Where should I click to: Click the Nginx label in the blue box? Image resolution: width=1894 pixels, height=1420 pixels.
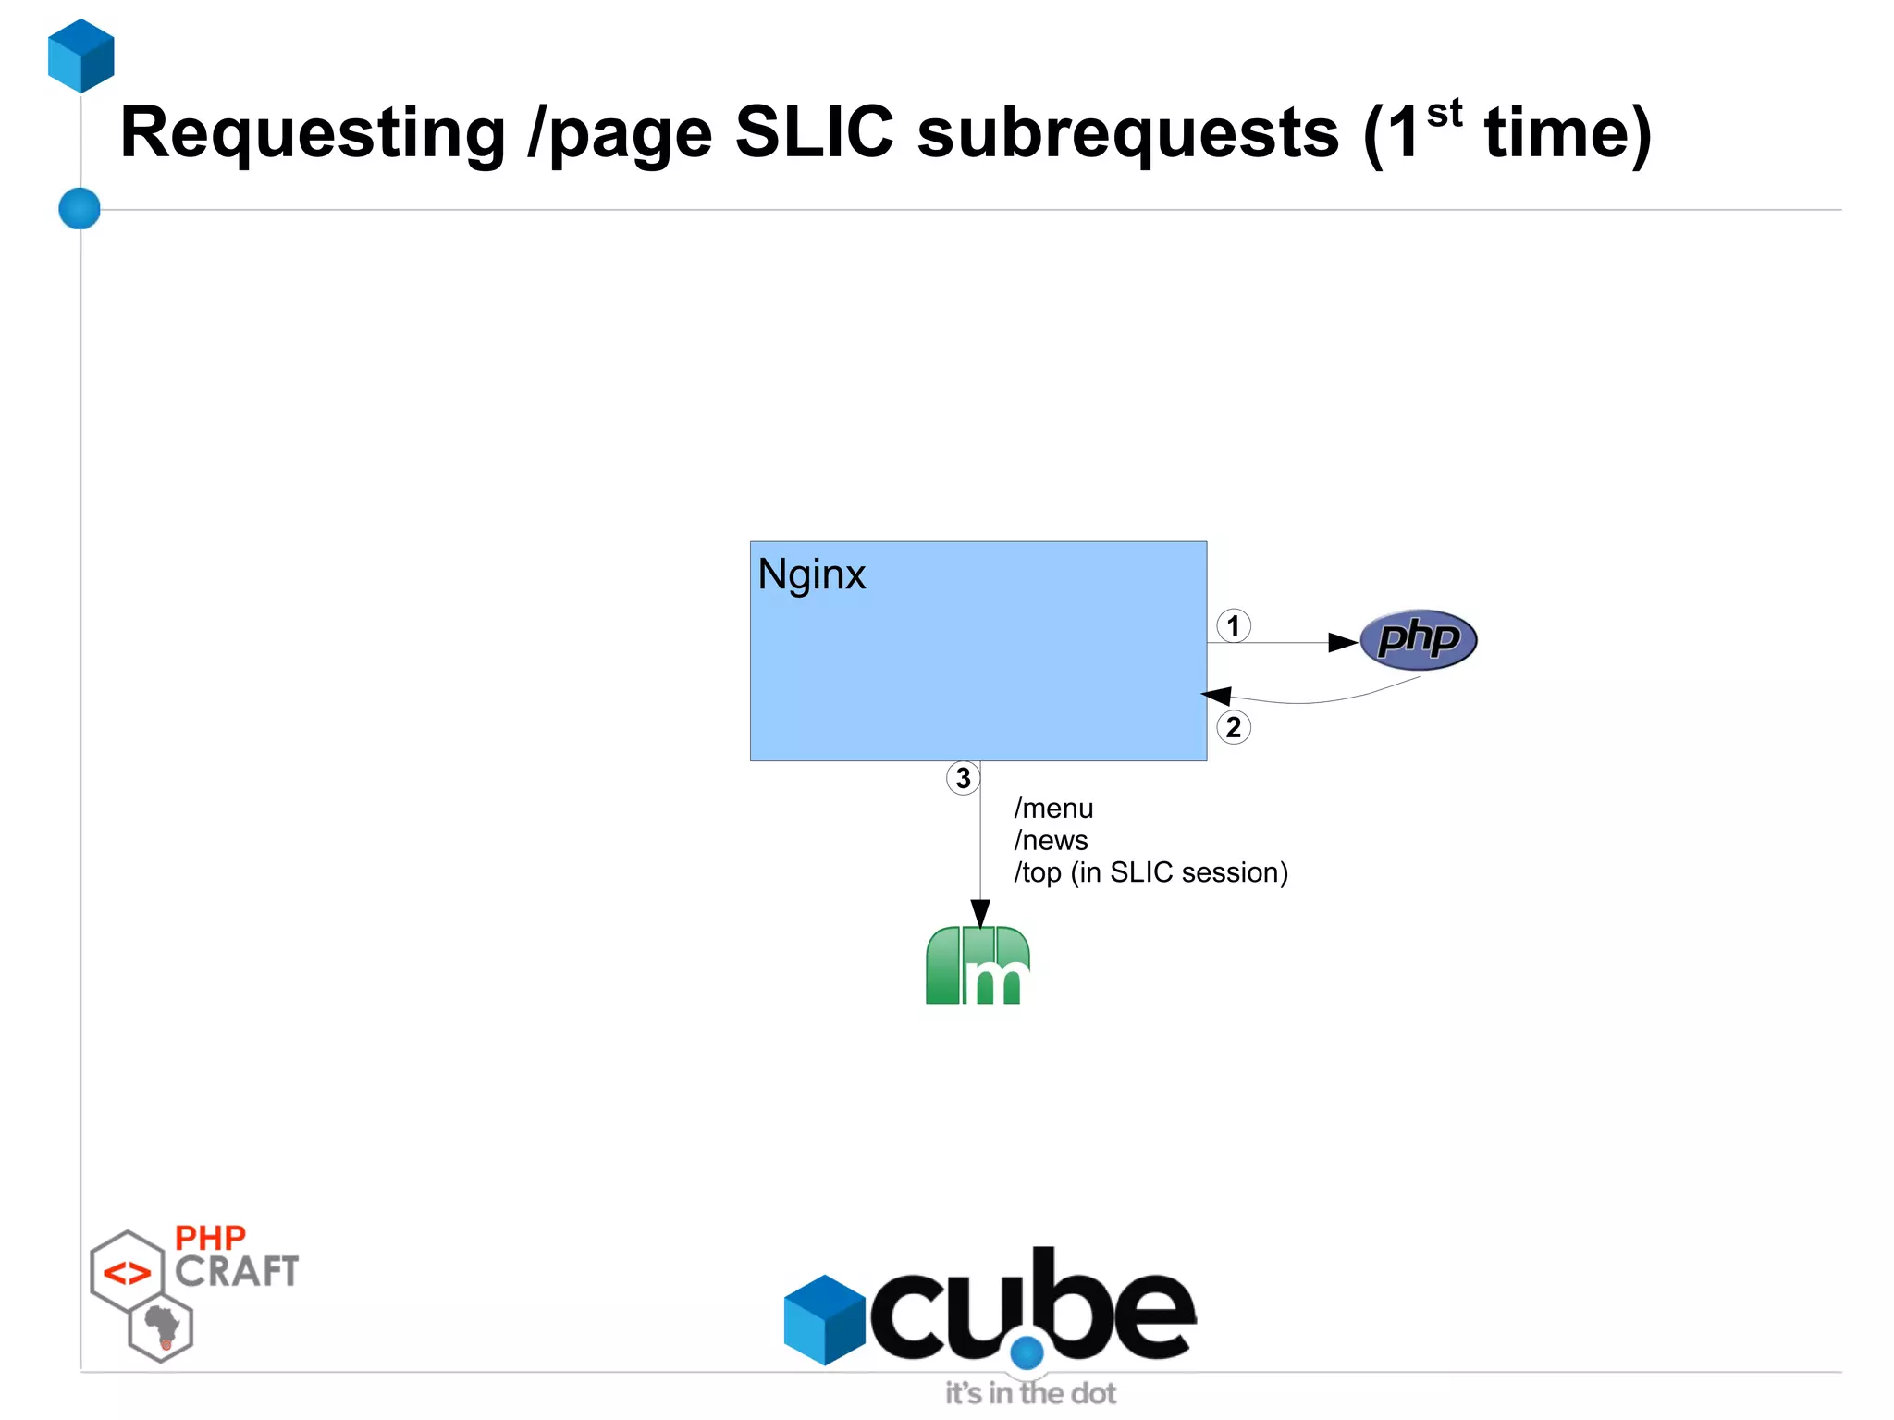coord(811,574)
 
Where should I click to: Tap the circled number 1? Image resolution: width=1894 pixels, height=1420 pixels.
coord(1233,626)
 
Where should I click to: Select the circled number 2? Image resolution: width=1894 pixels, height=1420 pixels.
coord(1233,727)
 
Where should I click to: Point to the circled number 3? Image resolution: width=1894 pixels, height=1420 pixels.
coord(963,778)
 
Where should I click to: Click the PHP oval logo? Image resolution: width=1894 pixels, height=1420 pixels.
coord(1418,639)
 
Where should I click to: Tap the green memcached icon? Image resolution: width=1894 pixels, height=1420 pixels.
coord(978,965)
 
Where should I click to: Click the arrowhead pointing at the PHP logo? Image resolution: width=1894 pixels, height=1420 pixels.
coord(1343,642)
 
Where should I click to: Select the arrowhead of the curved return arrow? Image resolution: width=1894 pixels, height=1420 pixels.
coord(1215,696)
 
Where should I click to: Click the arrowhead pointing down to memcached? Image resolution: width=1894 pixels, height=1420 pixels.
coord(980,912)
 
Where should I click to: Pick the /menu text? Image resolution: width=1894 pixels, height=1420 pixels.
coord(1053,809)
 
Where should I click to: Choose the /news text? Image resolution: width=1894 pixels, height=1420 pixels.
coord(1051,840)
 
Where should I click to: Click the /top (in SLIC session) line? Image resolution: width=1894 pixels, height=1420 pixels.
coord(1150,872)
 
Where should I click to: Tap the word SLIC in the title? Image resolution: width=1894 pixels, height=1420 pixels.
coord(814,132)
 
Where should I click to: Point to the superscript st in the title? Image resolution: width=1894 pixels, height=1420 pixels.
coord(1444,114)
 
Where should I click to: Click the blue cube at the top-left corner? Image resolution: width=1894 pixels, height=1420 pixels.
coord(81,56)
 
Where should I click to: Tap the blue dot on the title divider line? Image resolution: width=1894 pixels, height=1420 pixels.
coord(80,208)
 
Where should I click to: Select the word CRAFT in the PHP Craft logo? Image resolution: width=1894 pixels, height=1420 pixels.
coord(237,1272)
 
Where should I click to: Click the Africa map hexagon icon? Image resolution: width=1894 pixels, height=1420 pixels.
coord(162,1328)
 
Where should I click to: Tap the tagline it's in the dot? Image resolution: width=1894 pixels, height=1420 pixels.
coord(1030,1393)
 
